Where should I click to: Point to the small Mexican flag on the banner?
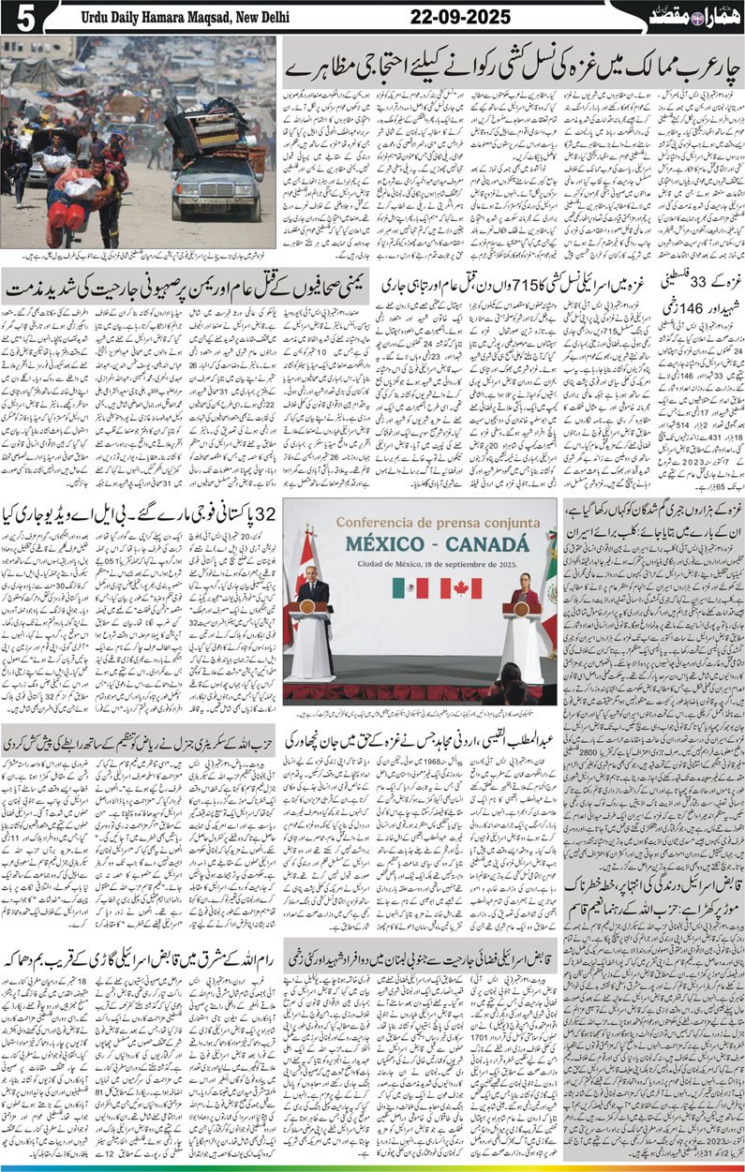point(410,587)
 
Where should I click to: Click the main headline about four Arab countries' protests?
point(511,69)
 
